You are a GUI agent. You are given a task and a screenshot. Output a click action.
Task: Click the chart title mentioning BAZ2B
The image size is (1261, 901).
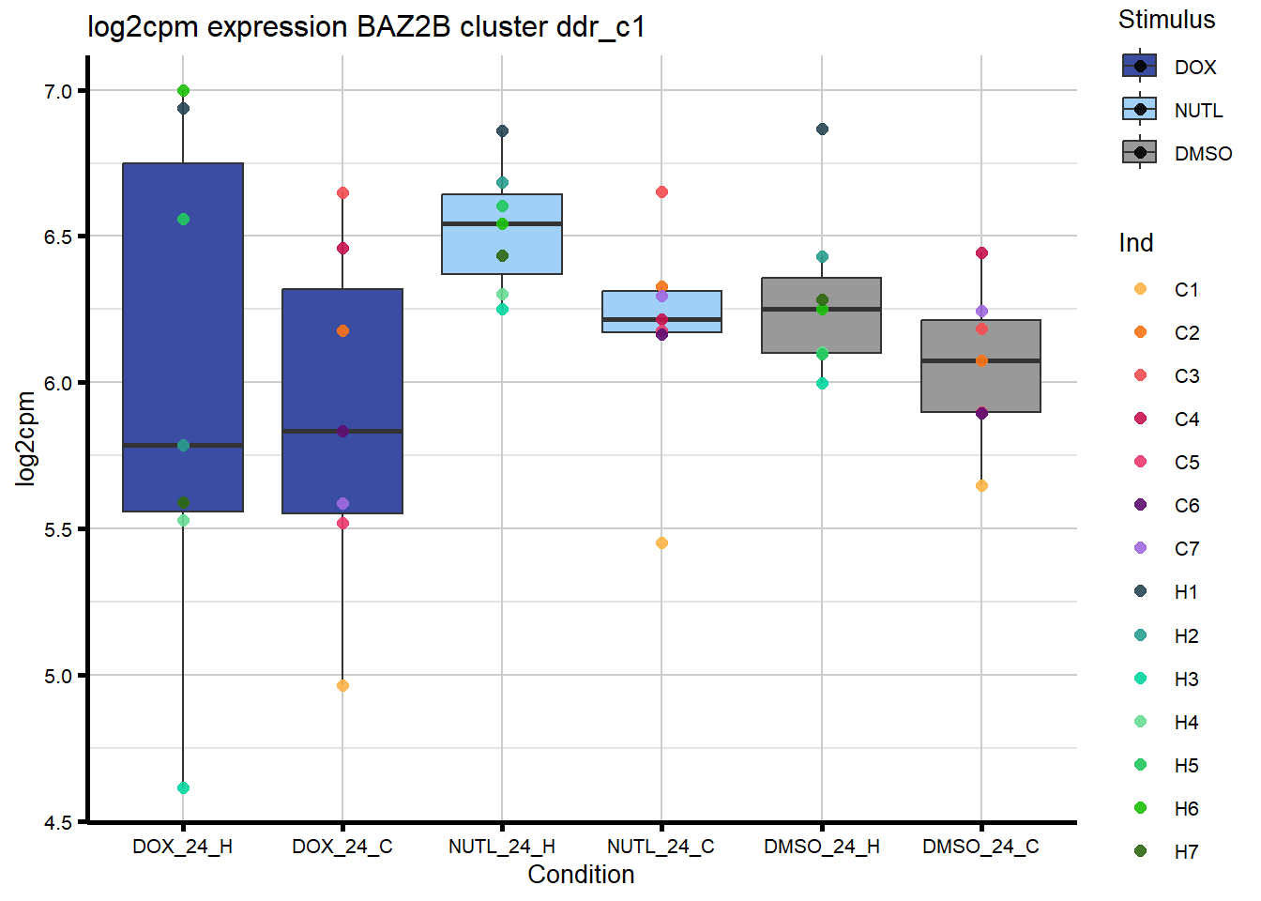pos(366,26)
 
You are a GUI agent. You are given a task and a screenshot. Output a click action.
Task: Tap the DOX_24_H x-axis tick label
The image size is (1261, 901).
pos(182,847)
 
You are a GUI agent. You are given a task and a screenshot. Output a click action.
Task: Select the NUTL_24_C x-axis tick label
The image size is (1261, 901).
pos(661,847)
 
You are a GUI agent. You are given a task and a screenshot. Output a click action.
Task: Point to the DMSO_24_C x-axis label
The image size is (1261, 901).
pos(980,847)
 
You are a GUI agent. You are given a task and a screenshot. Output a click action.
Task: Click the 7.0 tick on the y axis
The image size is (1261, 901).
pos(58,91)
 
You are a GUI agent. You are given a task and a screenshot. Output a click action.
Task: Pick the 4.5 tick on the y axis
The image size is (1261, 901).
pos(58,823)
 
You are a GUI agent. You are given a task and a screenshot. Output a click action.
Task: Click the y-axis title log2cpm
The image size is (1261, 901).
pos(25,438)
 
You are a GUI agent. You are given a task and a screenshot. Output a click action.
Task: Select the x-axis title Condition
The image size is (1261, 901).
pos(581,875)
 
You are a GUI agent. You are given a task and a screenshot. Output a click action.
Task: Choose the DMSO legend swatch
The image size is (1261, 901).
pos(1139,152)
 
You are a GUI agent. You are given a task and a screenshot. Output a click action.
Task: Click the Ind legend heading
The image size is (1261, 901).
pos(1135,243)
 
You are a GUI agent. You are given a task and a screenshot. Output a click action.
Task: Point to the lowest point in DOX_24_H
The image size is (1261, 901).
pos(183,787)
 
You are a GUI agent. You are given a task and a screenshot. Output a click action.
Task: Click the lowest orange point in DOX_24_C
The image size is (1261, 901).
pos(342,685)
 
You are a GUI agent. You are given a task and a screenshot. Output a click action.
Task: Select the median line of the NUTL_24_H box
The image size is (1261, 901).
pos(502,223)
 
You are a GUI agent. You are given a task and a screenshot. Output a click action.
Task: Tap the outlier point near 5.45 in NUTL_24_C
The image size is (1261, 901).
pos(661,542)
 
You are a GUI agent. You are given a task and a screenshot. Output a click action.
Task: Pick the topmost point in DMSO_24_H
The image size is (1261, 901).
pos(822,129)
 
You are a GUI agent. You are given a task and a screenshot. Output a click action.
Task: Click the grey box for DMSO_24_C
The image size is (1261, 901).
pos(980,385)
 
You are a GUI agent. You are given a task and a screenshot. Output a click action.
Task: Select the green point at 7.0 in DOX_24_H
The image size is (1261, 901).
pos(183,91)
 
